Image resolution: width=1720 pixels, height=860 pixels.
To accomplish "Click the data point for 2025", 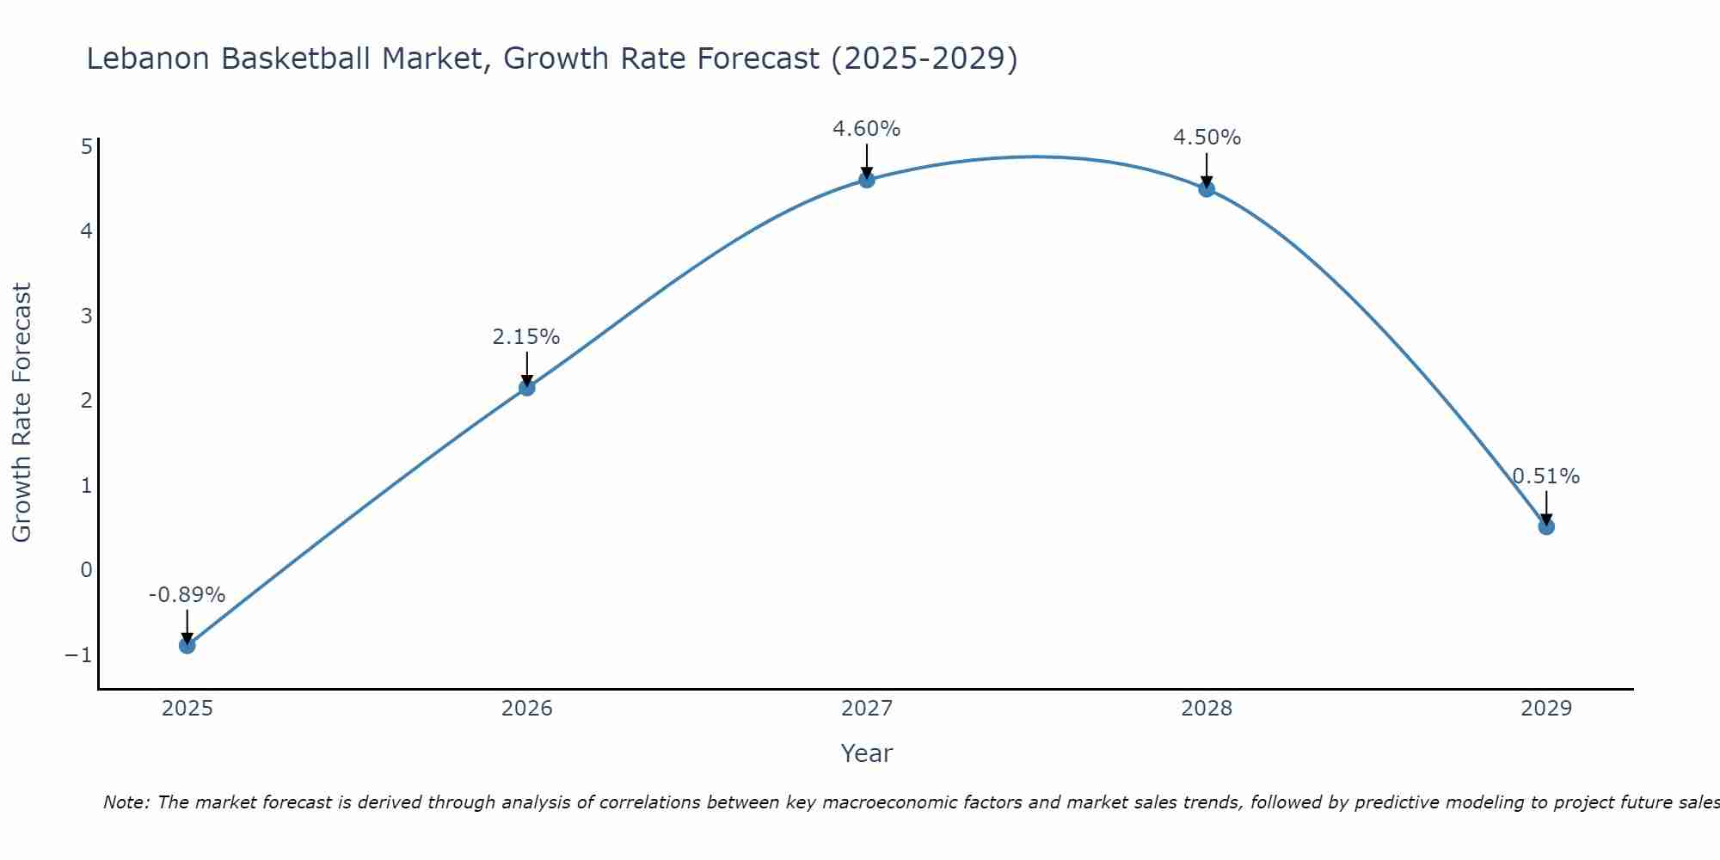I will [187, 645].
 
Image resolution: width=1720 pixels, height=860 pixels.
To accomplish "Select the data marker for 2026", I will [527, 388].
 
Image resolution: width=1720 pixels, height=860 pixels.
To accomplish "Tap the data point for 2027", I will [867, 180].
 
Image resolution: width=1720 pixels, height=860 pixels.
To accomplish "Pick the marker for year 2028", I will [1207, 189].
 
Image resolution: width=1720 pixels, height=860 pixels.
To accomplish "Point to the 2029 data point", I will [1546, 526].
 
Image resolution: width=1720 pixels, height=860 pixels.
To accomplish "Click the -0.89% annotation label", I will [187, 595].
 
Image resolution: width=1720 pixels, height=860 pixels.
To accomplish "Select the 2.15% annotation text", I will [526, 337].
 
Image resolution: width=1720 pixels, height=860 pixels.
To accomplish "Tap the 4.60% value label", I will [866, 129].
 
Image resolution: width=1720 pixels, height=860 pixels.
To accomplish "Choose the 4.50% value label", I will [1207, 138].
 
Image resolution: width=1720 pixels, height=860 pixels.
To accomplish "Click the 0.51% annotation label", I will [1546, 476].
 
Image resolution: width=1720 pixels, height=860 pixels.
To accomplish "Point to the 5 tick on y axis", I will [86, 147].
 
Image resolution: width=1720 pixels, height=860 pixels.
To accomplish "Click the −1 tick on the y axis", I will [78, 655].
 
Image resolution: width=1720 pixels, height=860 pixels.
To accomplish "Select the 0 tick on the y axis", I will [86, 570].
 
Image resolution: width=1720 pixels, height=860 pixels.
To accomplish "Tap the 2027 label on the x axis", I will [867, 709].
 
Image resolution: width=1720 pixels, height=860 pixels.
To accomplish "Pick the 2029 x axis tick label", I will [1546, 709].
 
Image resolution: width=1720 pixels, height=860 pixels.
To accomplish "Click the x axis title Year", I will [867, 753].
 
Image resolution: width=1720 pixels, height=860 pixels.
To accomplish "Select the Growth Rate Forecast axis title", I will [21, 413].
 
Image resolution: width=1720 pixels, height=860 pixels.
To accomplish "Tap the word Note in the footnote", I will [126, 802].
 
